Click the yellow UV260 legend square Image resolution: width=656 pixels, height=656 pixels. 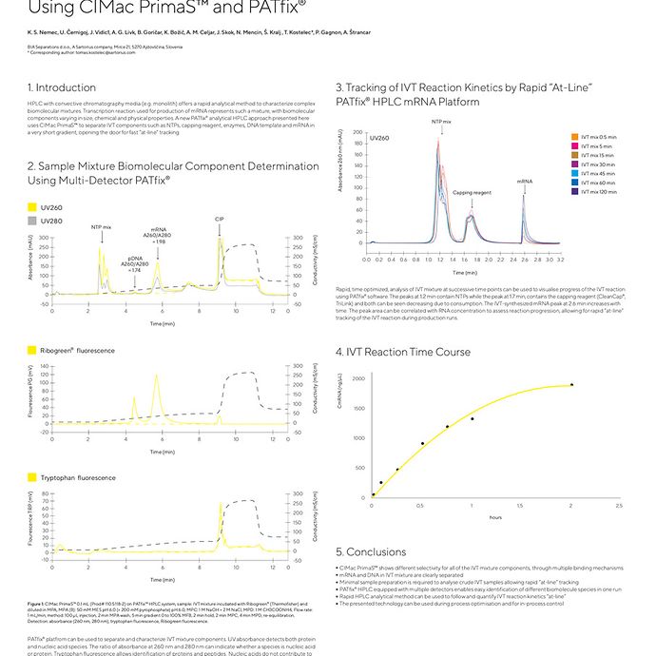32,206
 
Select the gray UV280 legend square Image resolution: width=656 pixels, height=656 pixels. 32,220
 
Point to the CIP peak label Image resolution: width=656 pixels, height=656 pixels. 220,220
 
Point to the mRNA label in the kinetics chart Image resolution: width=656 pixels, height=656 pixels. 524,180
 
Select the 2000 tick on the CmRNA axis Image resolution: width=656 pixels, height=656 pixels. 358,378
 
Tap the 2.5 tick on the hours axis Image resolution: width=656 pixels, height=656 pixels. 619,505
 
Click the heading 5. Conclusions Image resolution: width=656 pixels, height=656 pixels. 372,551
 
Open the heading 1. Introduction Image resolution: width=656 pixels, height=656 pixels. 62,87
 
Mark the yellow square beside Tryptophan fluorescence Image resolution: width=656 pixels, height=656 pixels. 32,476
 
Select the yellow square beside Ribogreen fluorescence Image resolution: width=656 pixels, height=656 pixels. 32,351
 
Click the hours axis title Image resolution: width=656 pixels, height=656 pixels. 495,517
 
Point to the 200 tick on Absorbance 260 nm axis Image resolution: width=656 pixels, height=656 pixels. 357,132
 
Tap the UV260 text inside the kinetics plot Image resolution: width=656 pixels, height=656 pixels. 378,138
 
